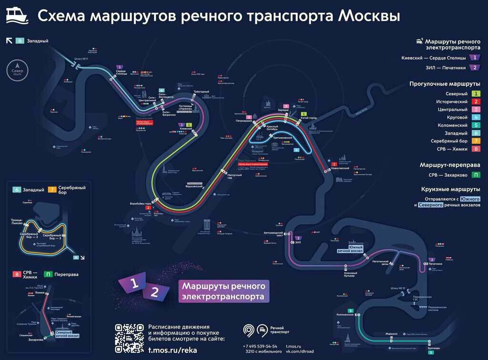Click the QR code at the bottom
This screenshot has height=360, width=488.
pos(130,338)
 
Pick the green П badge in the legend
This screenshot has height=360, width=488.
pos(476,175)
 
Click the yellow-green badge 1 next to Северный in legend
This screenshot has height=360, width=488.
pos(476,94)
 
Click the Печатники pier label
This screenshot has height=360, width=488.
pos(435,263)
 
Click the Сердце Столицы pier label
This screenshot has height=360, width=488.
pos(121,72)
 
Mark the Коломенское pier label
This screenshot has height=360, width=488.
pos(345,315)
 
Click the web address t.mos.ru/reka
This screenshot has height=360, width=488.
pos(172,350)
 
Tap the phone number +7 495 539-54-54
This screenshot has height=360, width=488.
pos(260,346)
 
